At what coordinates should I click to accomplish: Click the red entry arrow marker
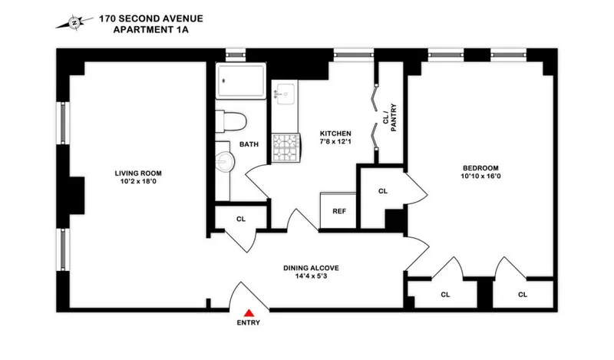tap(249, 312)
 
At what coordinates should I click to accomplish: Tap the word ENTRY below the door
tap(249, 323)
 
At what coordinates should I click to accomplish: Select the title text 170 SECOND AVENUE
tap(150, 18)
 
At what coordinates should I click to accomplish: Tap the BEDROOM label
tap(480, 168)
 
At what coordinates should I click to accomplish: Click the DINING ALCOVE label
tap(310, 268)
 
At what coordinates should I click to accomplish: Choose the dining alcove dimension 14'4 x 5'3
tap(310, 278)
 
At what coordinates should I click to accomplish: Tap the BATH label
tap(249, 144)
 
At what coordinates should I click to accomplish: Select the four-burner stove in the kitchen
tap(286, 147)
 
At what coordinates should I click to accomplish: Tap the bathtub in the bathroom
tap(241, 81)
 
